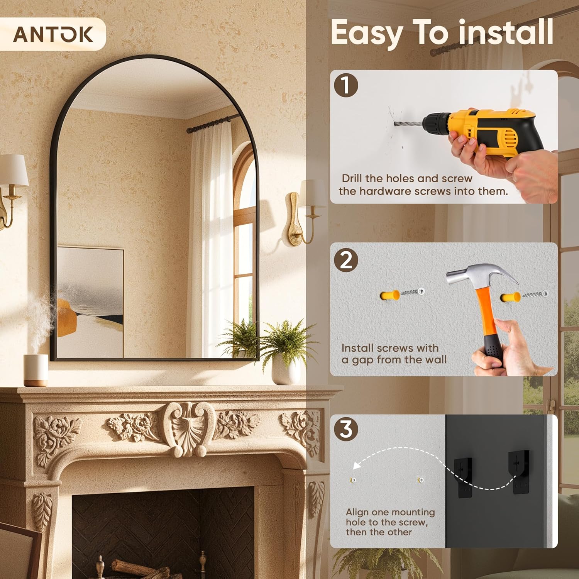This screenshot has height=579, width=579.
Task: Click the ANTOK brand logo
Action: (53, 34)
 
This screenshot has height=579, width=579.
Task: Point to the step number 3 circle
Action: (346, 429)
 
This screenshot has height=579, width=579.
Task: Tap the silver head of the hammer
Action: (479, 273)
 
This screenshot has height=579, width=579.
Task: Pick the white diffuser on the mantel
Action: (36, 370)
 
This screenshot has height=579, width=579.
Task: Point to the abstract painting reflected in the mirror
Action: (91, 301)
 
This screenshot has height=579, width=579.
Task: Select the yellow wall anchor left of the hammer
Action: (390, 295)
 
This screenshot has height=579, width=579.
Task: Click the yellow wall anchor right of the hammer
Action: (511, 298)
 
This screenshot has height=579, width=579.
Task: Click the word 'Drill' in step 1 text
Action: (352, 178)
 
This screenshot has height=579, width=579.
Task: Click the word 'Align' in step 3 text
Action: (357, 512)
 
